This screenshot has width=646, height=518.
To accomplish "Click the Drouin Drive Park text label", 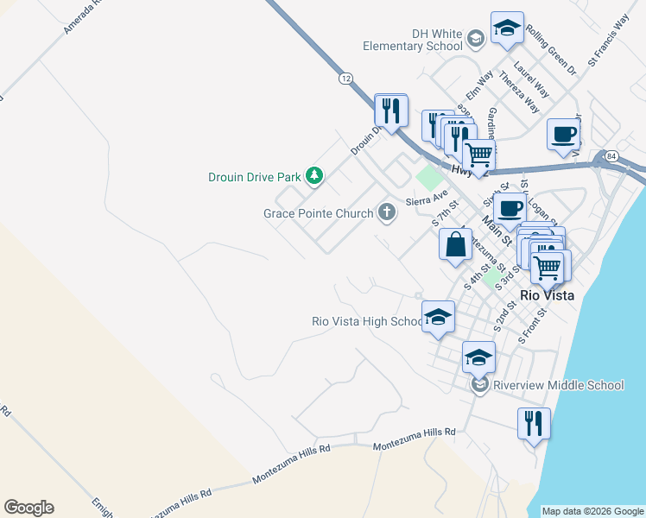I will click(254, 177).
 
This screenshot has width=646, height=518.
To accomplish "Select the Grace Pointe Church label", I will click(319, 212).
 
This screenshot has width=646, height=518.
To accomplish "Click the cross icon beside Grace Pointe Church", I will click(387, 212).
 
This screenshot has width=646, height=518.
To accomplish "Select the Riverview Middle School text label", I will click(558, 384).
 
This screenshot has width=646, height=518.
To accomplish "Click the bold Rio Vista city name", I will click(547, 294).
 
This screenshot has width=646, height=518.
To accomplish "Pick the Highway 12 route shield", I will click(345, 78).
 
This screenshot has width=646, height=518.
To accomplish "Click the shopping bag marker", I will click(455, 244).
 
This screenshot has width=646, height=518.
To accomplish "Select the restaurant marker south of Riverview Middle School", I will click(533, 424).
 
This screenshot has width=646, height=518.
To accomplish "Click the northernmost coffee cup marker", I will click(563, 134).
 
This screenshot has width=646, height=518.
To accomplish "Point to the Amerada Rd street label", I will click(83, 16).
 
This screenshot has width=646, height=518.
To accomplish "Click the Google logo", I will click(28, 508).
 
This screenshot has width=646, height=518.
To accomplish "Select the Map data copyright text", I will click(592, 511).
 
